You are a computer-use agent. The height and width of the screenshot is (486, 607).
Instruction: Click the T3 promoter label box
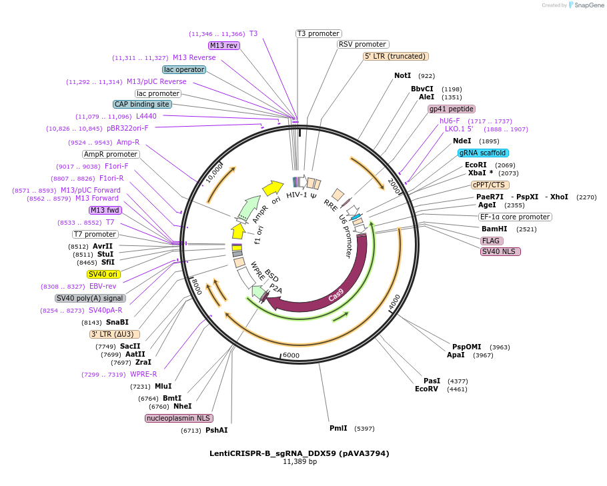tap(318, 33)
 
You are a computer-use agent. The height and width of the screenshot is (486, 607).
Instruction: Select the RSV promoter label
tap(362, 45)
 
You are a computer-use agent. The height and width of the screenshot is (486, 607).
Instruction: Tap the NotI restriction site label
tap(402, 76)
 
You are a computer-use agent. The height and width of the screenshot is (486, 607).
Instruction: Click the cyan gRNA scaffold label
tap(483, 153)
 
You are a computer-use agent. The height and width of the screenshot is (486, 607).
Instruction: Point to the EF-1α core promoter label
tap(515, 217)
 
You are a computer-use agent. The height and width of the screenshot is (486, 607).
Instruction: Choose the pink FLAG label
tap(492, 241)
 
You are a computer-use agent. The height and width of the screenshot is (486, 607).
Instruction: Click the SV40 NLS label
tap(500, 251)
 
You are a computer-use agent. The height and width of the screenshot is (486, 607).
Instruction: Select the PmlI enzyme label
tap(338, 428)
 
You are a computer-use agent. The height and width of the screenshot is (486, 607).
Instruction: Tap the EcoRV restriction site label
tap(426, 389)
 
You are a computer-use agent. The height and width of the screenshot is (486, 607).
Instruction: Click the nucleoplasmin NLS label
tap(179, 418)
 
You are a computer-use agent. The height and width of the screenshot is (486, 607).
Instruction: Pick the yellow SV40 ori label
tap(103, 274)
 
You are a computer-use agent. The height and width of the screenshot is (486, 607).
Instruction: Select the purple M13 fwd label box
tap(105, 211)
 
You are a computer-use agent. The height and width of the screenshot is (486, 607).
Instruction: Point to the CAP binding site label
tap(142, 104)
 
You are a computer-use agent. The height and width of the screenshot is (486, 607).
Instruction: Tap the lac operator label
tap(184, 69)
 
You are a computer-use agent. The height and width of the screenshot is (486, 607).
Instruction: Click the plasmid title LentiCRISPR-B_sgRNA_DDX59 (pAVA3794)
tap(299, 453)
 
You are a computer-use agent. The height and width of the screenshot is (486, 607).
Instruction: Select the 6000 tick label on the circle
tap(291, 355)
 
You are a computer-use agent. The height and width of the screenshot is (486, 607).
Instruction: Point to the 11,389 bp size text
tap(299, 462)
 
